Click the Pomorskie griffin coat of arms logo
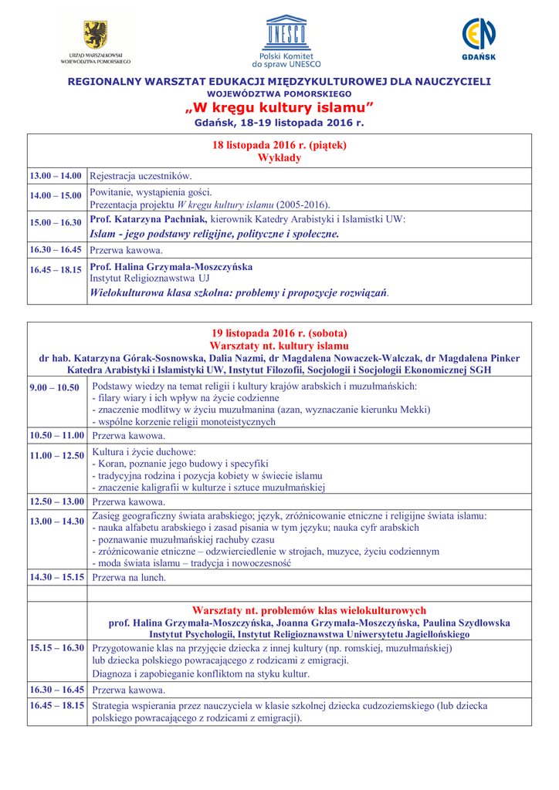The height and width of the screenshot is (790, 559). pyautogui.click(x=96, y=35)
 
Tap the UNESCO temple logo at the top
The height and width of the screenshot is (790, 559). pyautogui.click(x=286, y=32)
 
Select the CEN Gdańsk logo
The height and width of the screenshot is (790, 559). pyautogui.click(x=479, y=35)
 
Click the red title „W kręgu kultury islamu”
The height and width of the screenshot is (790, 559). pyautogui.click(x=279, y=107)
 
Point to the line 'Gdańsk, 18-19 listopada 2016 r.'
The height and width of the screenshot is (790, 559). pyautogui.click(x=279, y=122)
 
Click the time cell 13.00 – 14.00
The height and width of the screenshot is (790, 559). pyautogui.click(x=56, y=177)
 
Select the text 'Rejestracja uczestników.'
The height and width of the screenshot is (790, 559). pyautogui.click(x=141, y=177)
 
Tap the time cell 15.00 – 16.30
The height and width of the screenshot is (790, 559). pyautogui.click(x=56, y=223)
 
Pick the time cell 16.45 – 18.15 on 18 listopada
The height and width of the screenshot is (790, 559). pyautogui.click(x=56, y=270)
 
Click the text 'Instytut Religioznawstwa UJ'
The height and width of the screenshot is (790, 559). pyautogui.click(x=149, y=278)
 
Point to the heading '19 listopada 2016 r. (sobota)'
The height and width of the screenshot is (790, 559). pyautogui.click(x=279, y=334)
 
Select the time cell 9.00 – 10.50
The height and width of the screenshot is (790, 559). pyautogui.click(x=54, y=387)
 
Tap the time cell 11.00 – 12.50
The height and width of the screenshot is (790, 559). pyautogui.click(x=56, y=456)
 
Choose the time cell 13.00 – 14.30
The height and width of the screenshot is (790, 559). pyautogui.click(x=56, y=522)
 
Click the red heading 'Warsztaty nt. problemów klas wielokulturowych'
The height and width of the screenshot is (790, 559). pyautogui.click(x=309, y=610)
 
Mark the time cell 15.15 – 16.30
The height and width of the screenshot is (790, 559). pyautogui.click(x=56, y=649)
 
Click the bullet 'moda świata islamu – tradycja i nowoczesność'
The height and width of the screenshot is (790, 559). pyautogui.click(x=191, y=563)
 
